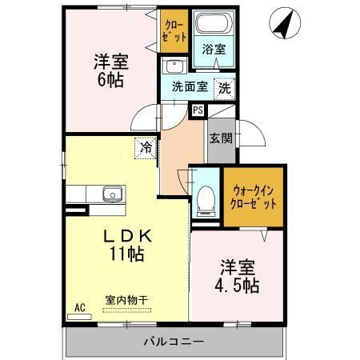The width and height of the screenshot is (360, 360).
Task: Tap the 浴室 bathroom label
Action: [213, 49]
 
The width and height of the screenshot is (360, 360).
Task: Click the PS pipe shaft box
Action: [198, 110]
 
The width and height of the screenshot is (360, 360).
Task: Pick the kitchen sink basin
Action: [111, 194]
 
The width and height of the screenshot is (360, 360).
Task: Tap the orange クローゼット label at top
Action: [174, 31]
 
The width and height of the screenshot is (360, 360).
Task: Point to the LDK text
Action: [127, 238]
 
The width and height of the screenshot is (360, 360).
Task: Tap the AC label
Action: [79, 306]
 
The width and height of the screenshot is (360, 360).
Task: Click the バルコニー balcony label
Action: [174, 342]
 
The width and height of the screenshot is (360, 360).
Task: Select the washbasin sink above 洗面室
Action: [173, 66]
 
